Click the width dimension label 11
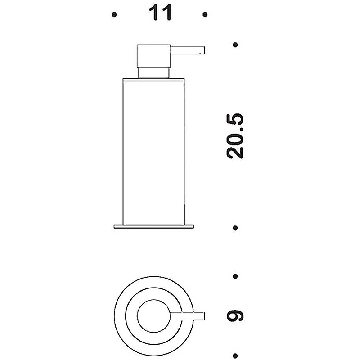click(x=160, y=13)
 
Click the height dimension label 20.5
click(x=234, y=136)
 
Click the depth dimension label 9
click(x=234, y=316)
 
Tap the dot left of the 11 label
click(x=114, y=15)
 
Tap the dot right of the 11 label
click(x=205, y=15)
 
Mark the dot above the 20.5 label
click(x=235, y=45)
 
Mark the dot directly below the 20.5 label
click(x=235, y=228)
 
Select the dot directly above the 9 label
click(x=235, y=276)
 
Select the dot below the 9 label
click(x=235, y=355)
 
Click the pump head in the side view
click(x=153, y=56)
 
